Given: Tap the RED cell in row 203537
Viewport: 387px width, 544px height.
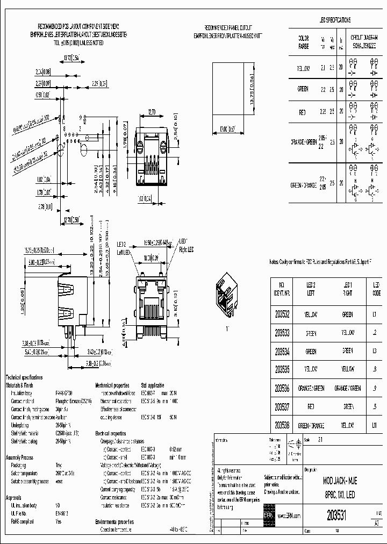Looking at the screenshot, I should tap(311, 406).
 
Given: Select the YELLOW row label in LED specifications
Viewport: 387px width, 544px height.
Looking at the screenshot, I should tap(304, 69).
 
